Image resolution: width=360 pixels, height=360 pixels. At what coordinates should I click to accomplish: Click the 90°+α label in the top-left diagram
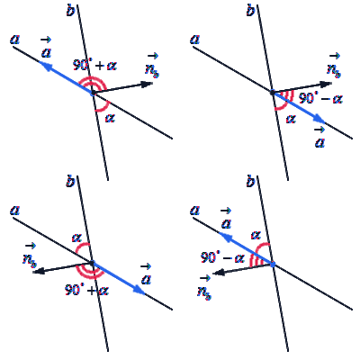(94, 66)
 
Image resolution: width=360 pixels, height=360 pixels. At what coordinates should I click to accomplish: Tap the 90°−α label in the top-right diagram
(320, 98)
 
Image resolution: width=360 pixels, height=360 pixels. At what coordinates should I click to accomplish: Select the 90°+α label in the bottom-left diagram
(86, 290)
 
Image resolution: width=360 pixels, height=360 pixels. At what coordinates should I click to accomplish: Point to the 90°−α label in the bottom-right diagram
(222, 257)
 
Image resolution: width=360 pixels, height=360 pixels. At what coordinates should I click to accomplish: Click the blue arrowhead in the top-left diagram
(44, 65)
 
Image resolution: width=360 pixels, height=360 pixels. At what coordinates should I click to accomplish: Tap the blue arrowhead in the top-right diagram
(319, 120)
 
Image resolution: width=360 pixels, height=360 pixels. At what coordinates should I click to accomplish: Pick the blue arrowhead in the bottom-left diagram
(139, 290)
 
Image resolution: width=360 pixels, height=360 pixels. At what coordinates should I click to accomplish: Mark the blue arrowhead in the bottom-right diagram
(225, 236)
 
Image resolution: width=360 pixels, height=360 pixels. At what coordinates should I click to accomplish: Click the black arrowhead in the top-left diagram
(147, 85)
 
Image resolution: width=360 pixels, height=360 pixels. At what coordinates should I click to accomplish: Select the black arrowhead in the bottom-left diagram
(39, 272)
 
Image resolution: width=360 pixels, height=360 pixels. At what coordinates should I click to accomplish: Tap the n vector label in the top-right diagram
(334, 66)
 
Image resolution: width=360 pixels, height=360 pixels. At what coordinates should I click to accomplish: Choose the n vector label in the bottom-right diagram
(204, 288)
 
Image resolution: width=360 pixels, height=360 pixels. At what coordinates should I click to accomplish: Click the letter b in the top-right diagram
(250, 11)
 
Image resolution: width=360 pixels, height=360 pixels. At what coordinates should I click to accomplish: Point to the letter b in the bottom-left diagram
(70, 182)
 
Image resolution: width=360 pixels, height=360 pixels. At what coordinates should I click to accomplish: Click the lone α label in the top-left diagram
(110, 118)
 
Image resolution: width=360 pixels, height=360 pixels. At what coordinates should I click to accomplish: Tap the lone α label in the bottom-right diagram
(256, 235)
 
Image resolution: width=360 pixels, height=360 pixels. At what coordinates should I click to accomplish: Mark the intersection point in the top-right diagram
(273, 92)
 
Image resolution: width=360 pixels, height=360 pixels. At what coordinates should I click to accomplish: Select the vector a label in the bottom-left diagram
(146, 274)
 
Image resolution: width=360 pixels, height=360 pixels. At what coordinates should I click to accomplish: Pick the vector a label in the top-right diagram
(320, 138)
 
